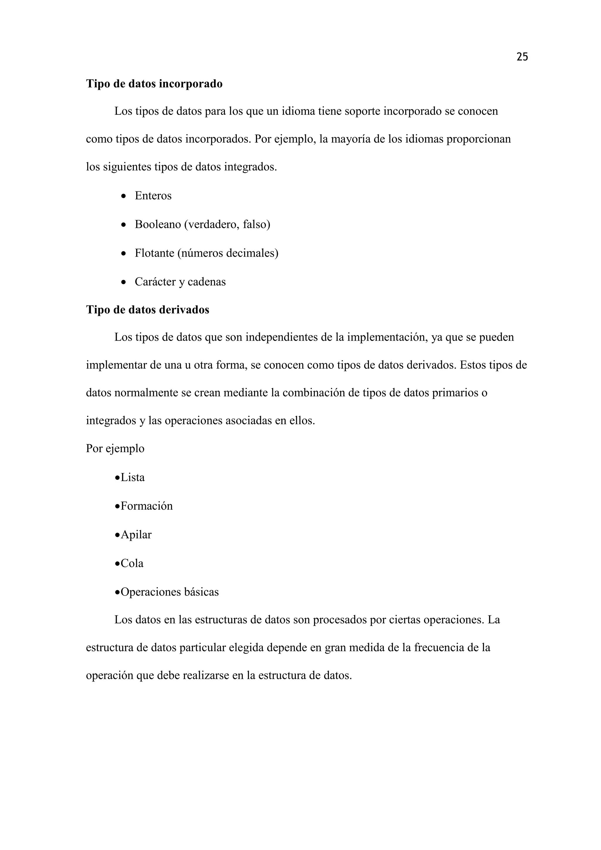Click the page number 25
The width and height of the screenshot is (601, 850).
[522, 57]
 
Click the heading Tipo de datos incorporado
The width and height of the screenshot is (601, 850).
[154, 84]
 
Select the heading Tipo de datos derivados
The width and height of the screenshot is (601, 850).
[148, 310]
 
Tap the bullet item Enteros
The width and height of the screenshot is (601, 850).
[153, 196]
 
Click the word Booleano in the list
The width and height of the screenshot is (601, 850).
[158, 224]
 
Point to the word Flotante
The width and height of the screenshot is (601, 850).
[154, 253]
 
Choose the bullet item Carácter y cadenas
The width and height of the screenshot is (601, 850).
[180, 282]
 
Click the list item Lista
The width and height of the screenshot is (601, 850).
[132, 478]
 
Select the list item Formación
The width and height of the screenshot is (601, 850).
[146, 506]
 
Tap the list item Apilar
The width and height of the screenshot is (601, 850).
[136, 535]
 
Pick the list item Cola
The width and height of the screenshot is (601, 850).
[132, 563]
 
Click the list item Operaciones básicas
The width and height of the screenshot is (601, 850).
[170, 592]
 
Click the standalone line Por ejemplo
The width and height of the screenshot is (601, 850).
[115, 449]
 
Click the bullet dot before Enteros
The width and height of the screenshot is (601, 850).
[124, 196]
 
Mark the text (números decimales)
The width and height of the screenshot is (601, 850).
[228, 253]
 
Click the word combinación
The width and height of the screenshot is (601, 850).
[313, 393]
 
